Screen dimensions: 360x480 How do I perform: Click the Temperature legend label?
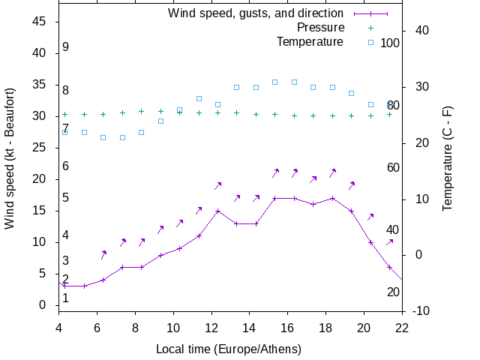[310, 42]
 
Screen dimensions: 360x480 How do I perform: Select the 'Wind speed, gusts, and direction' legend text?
[256, 13]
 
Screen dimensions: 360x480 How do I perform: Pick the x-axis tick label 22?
[402, 327]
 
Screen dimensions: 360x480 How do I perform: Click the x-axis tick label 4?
[59, 327]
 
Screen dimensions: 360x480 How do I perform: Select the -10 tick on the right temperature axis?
[420, 310]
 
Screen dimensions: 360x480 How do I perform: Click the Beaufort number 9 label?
[66, 47]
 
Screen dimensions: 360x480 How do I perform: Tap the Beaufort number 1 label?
[66, 298]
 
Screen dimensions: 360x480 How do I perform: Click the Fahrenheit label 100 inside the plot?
[390, 43]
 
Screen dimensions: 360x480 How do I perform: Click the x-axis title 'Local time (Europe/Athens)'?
[229, 349]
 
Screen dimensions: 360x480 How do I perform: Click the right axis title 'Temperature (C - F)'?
[447, 159]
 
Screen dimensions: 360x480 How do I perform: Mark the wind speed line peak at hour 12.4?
[217, 211]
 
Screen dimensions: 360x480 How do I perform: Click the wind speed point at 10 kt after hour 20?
[370, 242]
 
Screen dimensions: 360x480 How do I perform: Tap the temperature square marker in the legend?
[370, 42]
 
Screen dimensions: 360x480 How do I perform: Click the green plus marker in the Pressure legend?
[370, 28]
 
